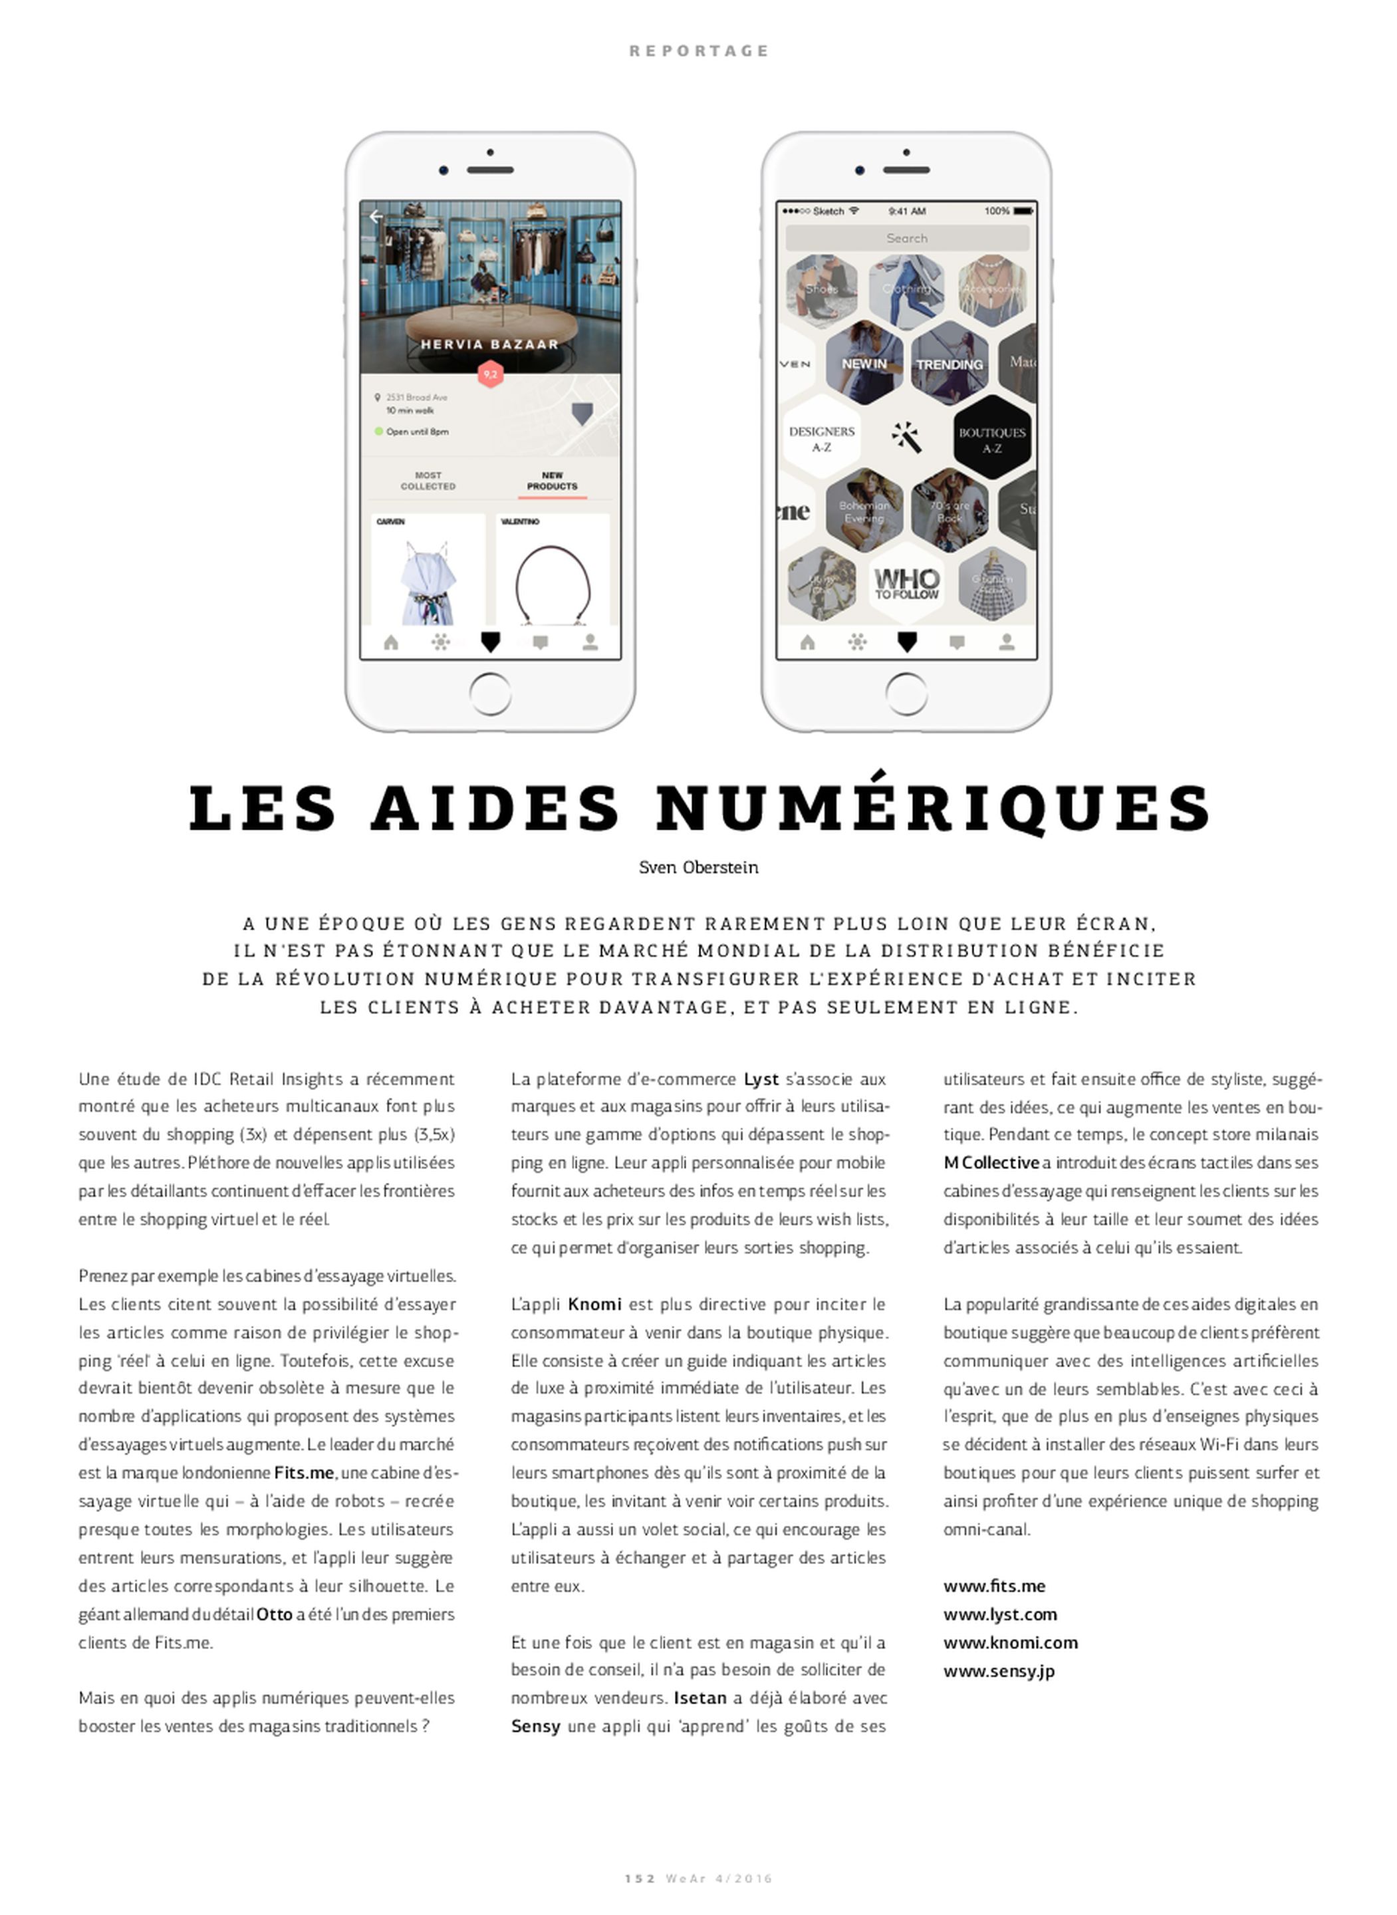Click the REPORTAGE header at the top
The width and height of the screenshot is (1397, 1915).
point(698,51)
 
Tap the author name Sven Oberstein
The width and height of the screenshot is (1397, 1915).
point(698,868)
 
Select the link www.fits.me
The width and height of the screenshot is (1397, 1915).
point(995,1586)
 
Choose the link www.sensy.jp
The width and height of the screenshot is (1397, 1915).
point(999,1671)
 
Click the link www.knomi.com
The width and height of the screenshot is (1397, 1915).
point(1011,1642)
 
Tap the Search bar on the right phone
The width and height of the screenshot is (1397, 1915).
point(906,239)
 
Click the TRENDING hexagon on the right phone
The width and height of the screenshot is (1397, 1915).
point(949,364)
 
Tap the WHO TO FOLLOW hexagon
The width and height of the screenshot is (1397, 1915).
point(906,583)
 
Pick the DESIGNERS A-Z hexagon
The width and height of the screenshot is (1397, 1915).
point(821,438)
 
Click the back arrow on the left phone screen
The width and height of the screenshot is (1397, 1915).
point(376,217)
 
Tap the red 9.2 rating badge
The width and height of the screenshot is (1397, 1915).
point(491,374)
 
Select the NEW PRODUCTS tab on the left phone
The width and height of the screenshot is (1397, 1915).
point(552,481)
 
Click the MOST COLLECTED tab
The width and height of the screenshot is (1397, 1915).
point(428,481)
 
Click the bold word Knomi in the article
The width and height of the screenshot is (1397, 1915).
point(594,1304)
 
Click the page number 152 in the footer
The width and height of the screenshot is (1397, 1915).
point(639,1878)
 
